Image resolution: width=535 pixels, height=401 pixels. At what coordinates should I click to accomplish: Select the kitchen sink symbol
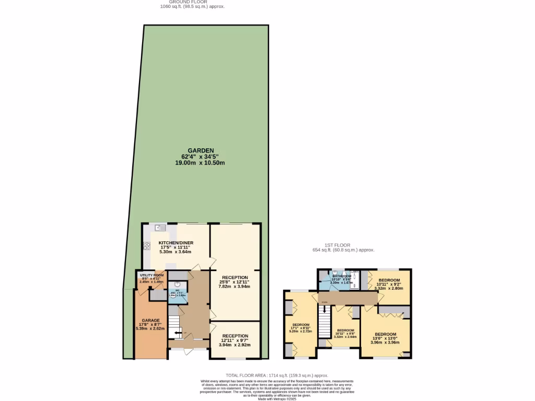click(159, 228)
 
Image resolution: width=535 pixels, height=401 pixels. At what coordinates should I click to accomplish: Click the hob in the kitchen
click(146, 246)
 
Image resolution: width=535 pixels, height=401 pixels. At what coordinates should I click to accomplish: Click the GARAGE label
click(150, 320)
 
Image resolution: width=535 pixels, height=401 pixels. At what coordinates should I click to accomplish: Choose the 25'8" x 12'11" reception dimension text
click(235, 282)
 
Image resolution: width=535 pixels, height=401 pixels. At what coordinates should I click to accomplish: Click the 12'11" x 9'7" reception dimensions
click(235, 340)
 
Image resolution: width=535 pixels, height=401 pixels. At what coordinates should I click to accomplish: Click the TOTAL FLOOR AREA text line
click(276, 375)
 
